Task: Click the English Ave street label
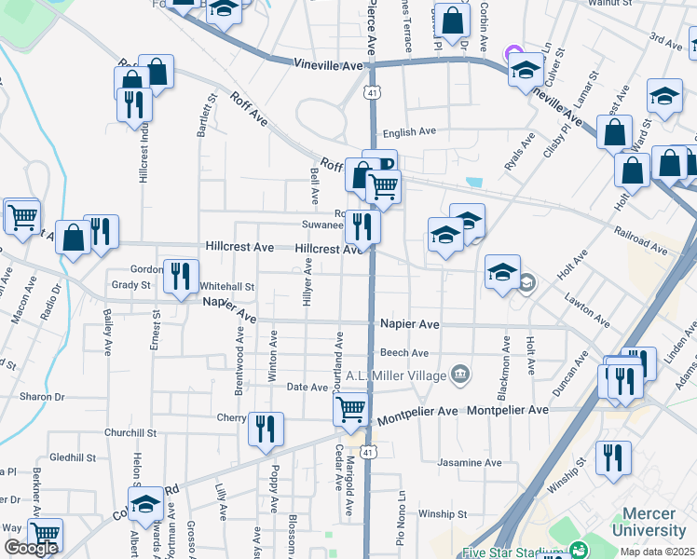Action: [x=415, y=133]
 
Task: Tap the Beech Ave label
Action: [x=404, y=353]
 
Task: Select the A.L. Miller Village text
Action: [x=397, y=375]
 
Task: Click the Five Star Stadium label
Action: [x=512, y=550]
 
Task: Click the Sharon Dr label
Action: [x=42, y=397]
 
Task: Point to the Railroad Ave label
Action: [x=639, y=238]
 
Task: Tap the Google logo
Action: [x=30, y=548]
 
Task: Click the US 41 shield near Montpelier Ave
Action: [x=369, y=453]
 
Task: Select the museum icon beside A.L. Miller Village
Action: [x=459, y=375]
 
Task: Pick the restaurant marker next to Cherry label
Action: [x=266, y=429]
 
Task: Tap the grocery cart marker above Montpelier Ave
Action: [x=350, y=408]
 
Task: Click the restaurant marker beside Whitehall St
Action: [x=181, y=275]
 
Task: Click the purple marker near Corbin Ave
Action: [x=512, y=54]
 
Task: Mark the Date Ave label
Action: [x=307, y=387]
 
